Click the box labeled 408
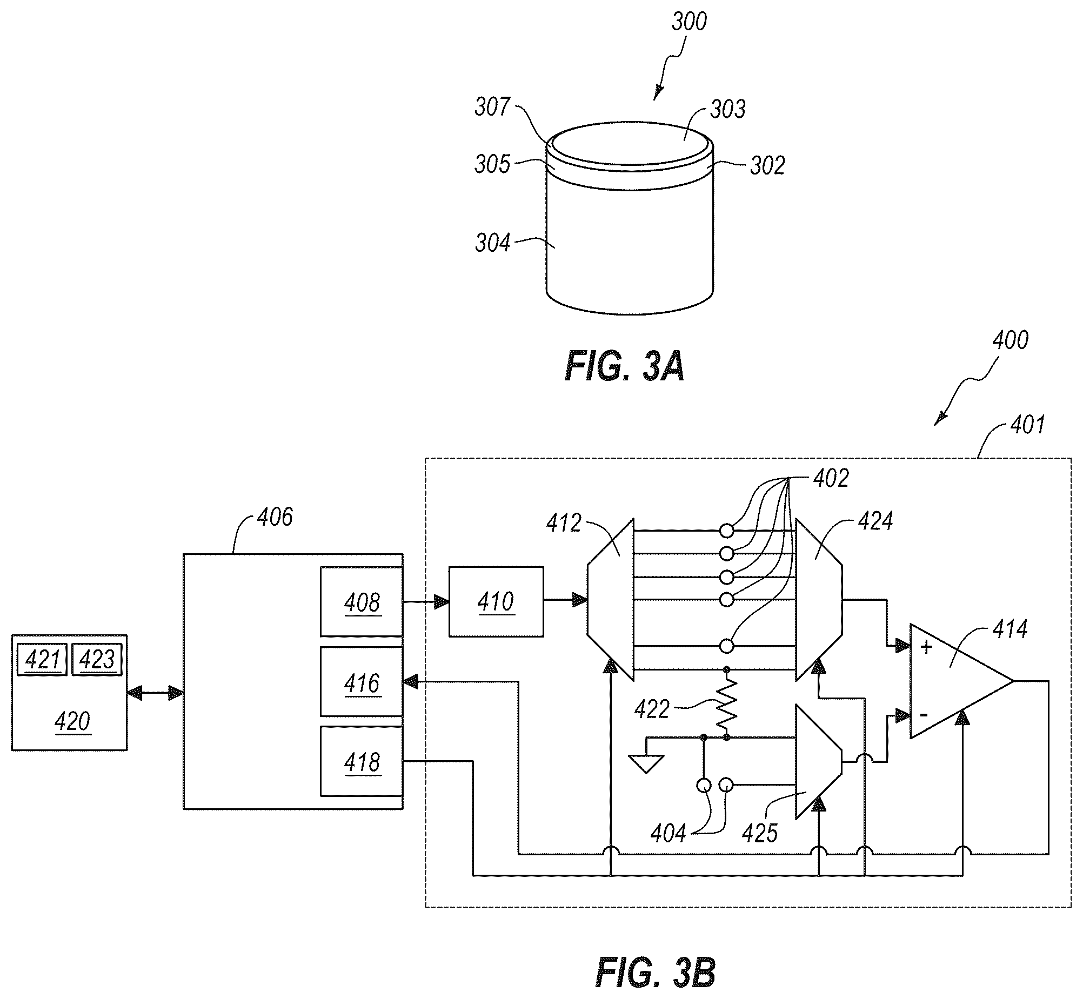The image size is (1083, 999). point(361,602)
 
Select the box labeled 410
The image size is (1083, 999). point(496,602)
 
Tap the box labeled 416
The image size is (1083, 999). point(361,682)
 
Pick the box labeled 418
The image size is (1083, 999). point(361,761)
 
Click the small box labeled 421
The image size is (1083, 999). point(42,660)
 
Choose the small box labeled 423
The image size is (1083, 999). point(97,660)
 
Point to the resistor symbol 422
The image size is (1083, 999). point(726,704)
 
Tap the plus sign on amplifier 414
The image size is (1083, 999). point(926,647)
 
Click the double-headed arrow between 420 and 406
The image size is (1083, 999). point(155,693)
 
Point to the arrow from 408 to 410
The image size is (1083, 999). point(426,601)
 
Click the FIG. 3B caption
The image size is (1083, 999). point(655,973)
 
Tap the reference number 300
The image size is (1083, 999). point(689,22)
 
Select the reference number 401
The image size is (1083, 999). point(1027,425)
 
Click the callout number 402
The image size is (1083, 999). point(831,478)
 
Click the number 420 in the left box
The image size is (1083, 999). point(72,722)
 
